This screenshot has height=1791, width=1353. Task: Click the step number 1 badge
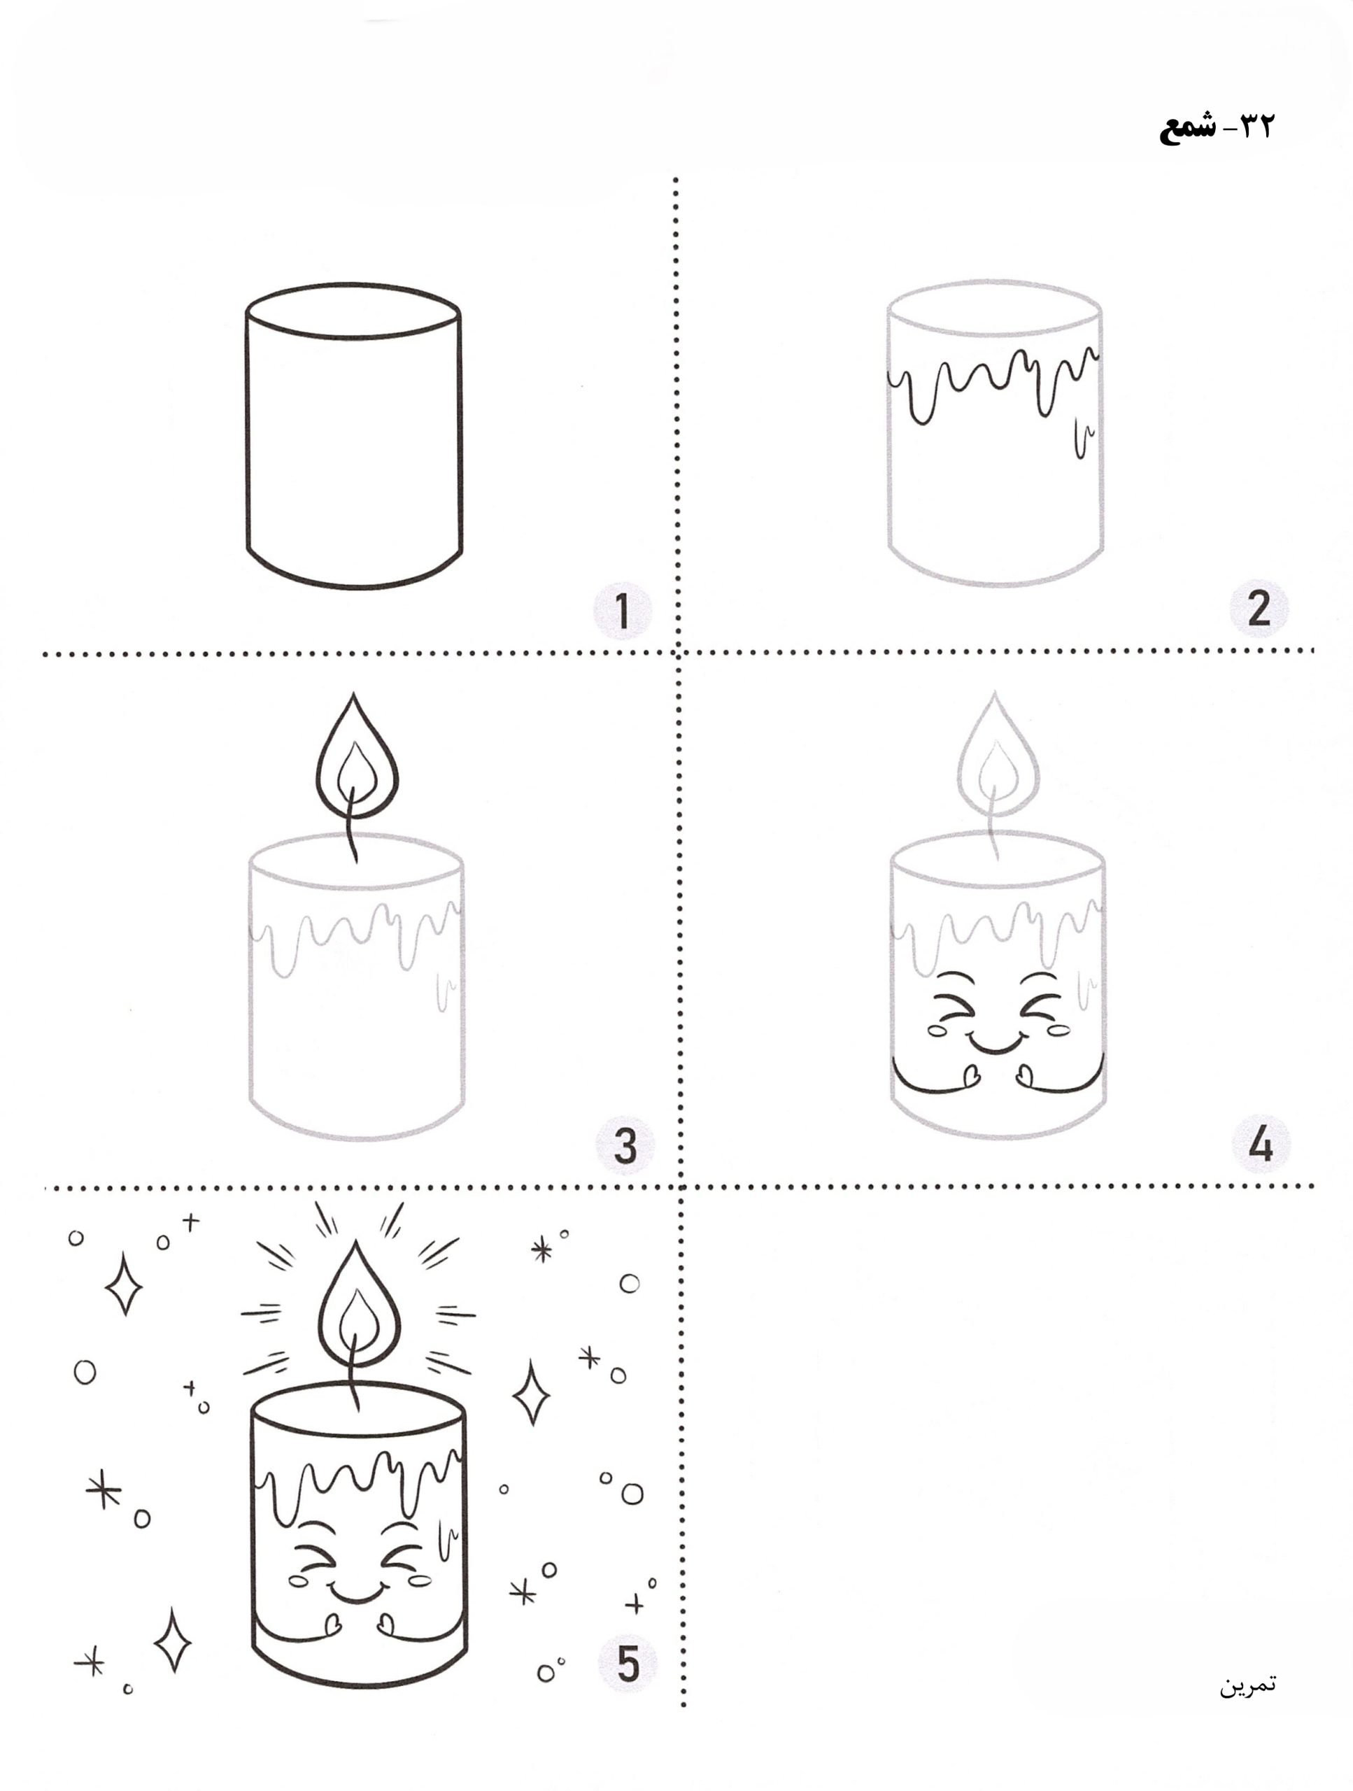(622, 611)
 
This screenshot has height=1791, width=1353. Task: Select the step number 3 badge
(624, 1146)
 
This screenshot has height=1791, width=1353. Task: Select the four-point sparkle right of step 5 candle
(532, 1392)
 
